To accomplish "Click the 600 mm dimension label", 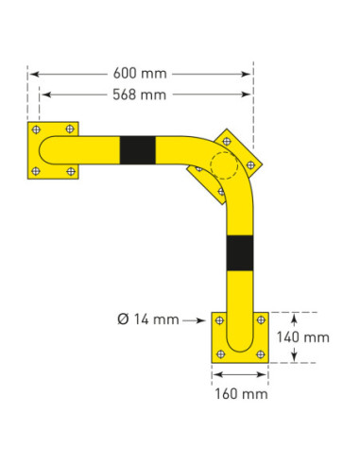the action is pos(140,74).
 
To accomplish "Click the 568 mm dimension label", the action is pos(140,95).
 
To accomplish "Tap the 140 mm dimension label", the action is pos(303,337).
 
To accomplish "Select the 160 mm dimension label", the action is pos(241,394).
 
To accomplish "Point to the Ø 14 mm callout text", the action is pos(148,319).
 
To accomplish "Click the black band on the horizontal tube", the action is pos(138,150).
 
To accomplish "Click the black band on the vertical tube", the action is pos(240,253).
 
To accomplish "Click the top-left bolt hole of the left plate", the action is pos(36,129).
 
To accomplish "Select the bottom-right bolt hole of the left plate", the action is pos(71,171).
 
